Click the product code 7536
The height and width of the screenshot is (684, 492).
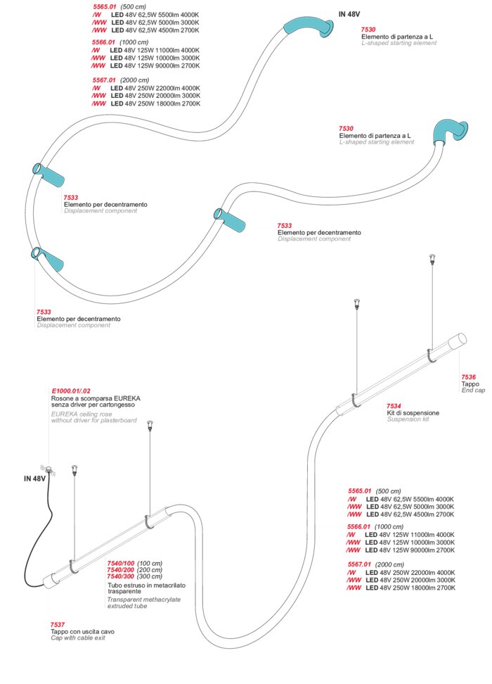pyautogui.click(x=469, y=377)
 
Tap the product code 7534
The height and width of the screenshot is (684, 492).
pyautogui.click(x=394, y=405)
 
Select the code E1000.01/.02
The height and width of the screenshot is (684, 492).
pyautogui.click(x=71, y=391)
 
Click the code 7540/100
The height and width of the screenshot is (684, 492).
pyautogui.click(x=120, y=563)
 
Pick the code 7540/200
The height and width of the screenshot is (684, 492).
pyautogui.click(x=120, y=569)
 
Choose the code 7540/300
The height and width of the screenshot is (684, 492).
pyautogui.click(x=120, y=576)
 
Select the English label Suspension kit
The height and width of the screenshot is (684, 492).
pyautogui.click(x=408, y=419)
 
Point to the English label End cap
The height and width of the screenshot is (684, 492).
pyautogui.click(x=474, y=391)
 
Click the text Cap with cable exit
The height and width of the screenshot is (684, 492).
pyautogui.click(x=82, y=638)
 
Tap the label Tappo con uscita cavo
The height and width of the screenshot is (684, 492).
pyautogui.click(x=82, y=631)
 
